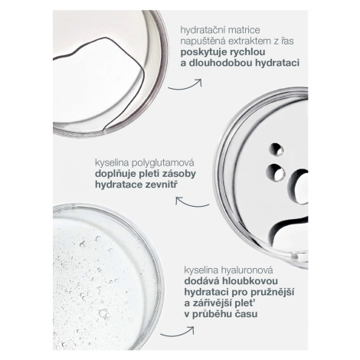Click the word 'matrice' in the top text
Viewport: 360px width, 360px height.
(x=244, y=30)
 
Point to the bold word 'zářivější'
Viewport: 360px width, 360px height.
(x=212, y=303)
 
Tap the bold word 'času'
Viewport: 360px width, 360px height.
(x=246, y=314)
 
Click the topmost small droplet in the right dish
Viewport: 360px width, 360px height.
(x=277, y=149)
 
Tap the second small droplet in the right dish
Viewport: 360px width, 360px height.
(x=275, y=172)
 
